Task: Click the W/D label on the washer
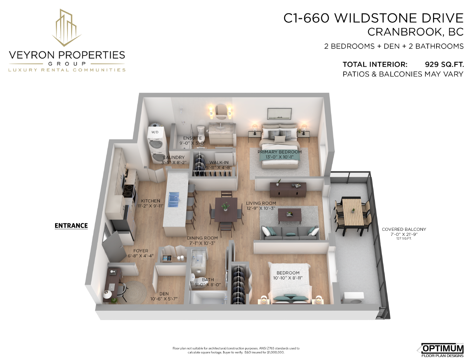(x=155, y=132)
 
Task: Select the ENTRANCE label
(x=71, y=225)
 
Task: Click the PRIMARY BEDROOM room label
(x=279, y=152)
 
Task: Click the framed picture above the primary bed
(x=279, y=114)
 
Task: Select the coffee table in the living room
(x=289, y=216)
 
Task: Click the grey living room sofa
(x=290, y=233)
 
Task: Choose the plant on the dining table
(x=225, y=206)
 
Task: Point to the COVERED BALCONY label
(x=404, y=229)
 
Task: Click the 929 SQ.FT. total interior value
(x=444, y=64)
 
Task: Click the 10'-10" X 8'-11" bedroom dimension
(x=288, y=278)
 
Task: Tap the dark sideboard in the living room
(x=288, y=190)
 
